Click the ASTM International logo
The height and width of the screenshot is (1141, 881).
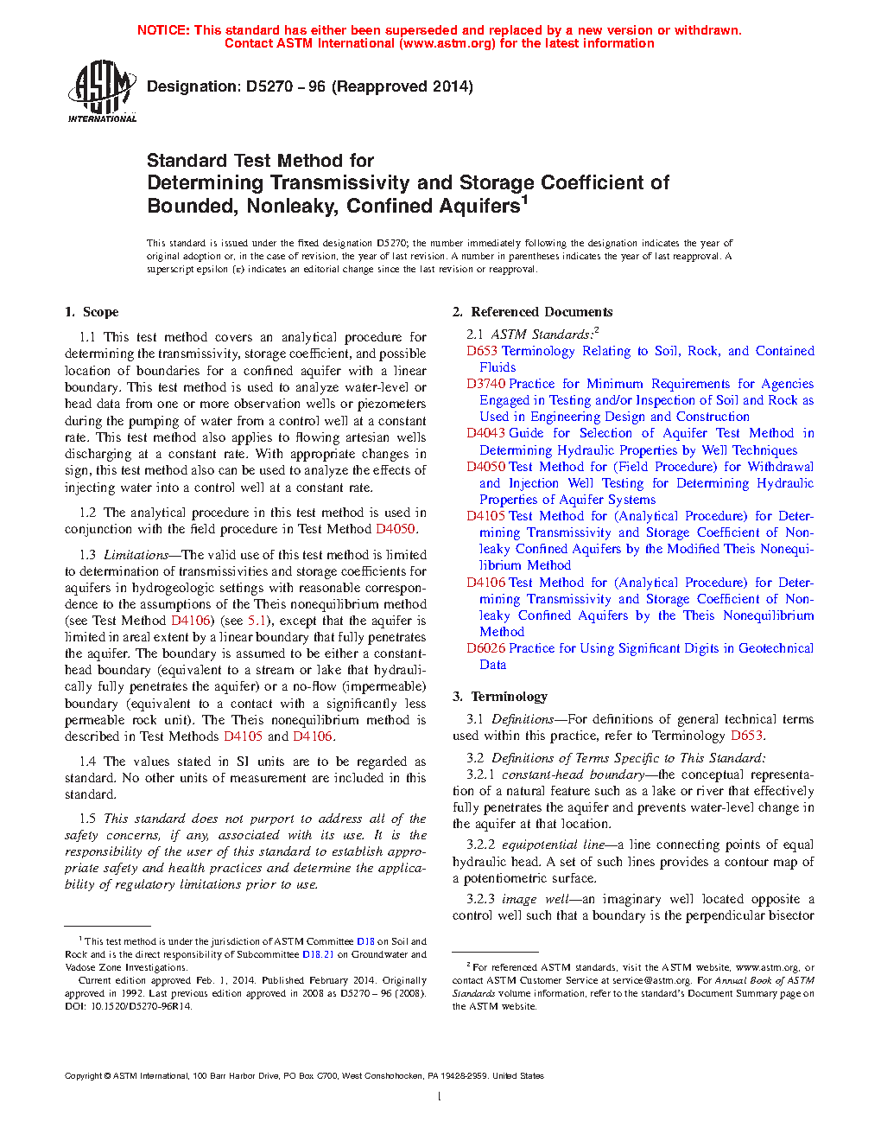pyautogui.click(x=102, y=91)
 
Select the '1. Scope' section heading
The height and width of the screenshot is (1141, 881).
pyautogui.click(x=92, y=312)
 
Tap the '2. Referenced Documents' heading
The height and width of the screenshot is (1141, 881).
pyautogui.click(x=532, y=312)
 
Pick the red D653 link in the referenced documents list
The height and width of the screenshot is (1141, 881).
pyautogui.click(x=482, y=351)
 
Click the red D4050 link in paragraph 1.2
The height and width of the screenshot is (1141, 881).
pyautogui.click(x=396, y=529)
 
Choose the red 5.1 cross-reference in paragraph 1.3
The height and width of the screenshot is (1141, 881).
pyautogui.click(x=257, y=621)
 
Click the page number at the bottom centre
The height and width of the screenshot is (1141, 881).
pyautogui.click(x=440, y=1097)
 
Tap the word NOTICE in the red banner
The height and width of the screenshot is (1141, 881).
pyautogui.click(x=162, y=30)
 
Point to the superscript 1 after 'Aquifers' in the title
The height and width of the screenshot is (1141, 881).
pyautogui.click(x=524, y=200)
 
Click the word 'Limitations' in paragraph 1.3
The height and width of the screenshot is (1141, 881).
pyautogui.click(x=136, y=555)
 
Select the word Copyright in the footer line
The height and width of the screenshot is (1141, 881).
pyautogui.click(x=83, y=1076)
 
